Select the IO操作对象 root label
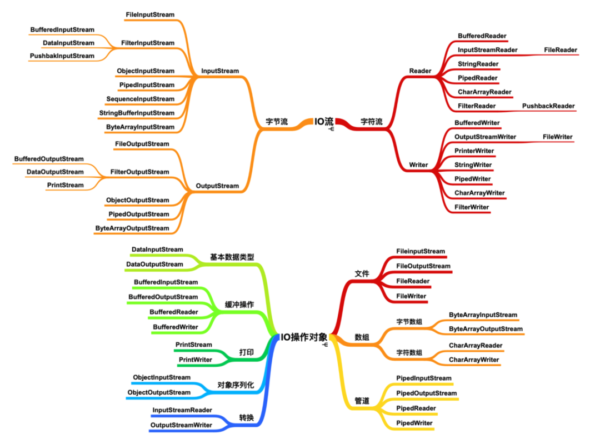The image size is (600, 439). point(303,337)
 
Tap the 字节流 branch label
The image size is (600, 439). point(277,122)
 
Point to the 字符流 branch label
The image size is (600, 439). point(371,122)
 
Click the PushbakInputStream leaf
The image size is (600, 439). point(62,56)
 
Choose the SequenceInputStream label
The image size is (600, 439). point(140,99)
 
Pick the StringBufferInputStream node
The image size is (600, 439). point(137,113)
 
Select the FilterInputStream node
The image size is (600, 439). point(148,43)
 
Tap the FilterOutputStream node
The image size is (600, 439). point(139,172)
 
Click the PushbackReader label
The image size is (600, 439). point(548,106)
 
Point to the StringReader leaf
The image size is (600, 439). point(478,64)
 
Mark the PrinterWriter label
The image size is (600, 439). point(474,151)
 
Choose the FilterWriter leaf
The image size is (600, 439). point(472,207)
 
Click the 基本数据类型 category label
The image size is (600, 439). point(232,257)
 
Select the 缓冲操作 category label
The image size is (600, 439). point(239,305)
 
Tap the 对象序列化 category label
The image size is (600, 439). point(236,385)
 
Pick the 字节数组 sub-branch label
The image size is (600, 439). point(409,321)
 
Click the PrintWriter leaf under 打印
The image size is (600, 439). point(195,360)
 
